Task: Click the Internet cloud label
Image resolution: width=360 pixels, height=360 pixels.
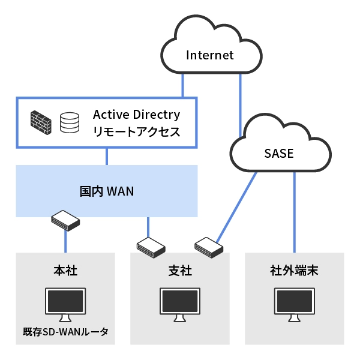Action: coord(209,56)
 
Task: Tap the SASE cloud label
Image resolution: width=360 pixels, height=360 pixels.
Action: coord(278,153)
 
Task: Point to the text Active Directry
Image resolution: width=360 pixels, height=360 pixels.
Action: coord(136,114)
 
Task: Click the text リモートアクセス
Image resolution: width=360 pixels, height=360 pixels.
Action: coord(136,132)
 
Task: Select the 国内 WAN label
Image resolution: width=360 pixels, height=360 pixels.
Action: coord(107,191)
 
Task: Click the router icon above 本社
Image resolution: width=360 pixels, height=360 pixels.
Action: coord(65,221)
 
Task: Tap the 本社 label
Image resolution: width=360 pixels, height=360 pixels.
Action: coord(65,271)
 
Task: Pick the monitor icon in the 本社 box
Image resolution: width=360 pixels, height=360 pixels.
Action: coord(65,303)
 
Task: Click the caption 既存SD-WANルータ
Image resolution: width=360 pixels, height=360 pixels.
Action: coord(65,331)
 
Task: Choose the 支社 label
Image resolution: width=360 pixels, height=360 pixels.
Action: coord(180,271)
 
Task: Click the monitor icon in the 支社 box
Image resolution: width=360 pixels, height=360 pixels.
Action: coord(180,303)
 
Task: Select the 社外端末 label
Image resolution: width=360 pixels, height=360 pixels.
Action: coord(294,271)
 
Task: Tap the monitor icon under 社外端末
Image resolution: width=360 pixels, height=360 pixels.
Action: coord(294,303)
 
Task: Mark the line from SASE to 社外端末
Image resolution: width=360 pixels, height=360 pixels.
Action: coord(294,210)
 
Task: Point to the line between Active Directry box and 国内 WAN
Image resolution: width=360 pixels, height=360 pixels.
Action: coord(107,157)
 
